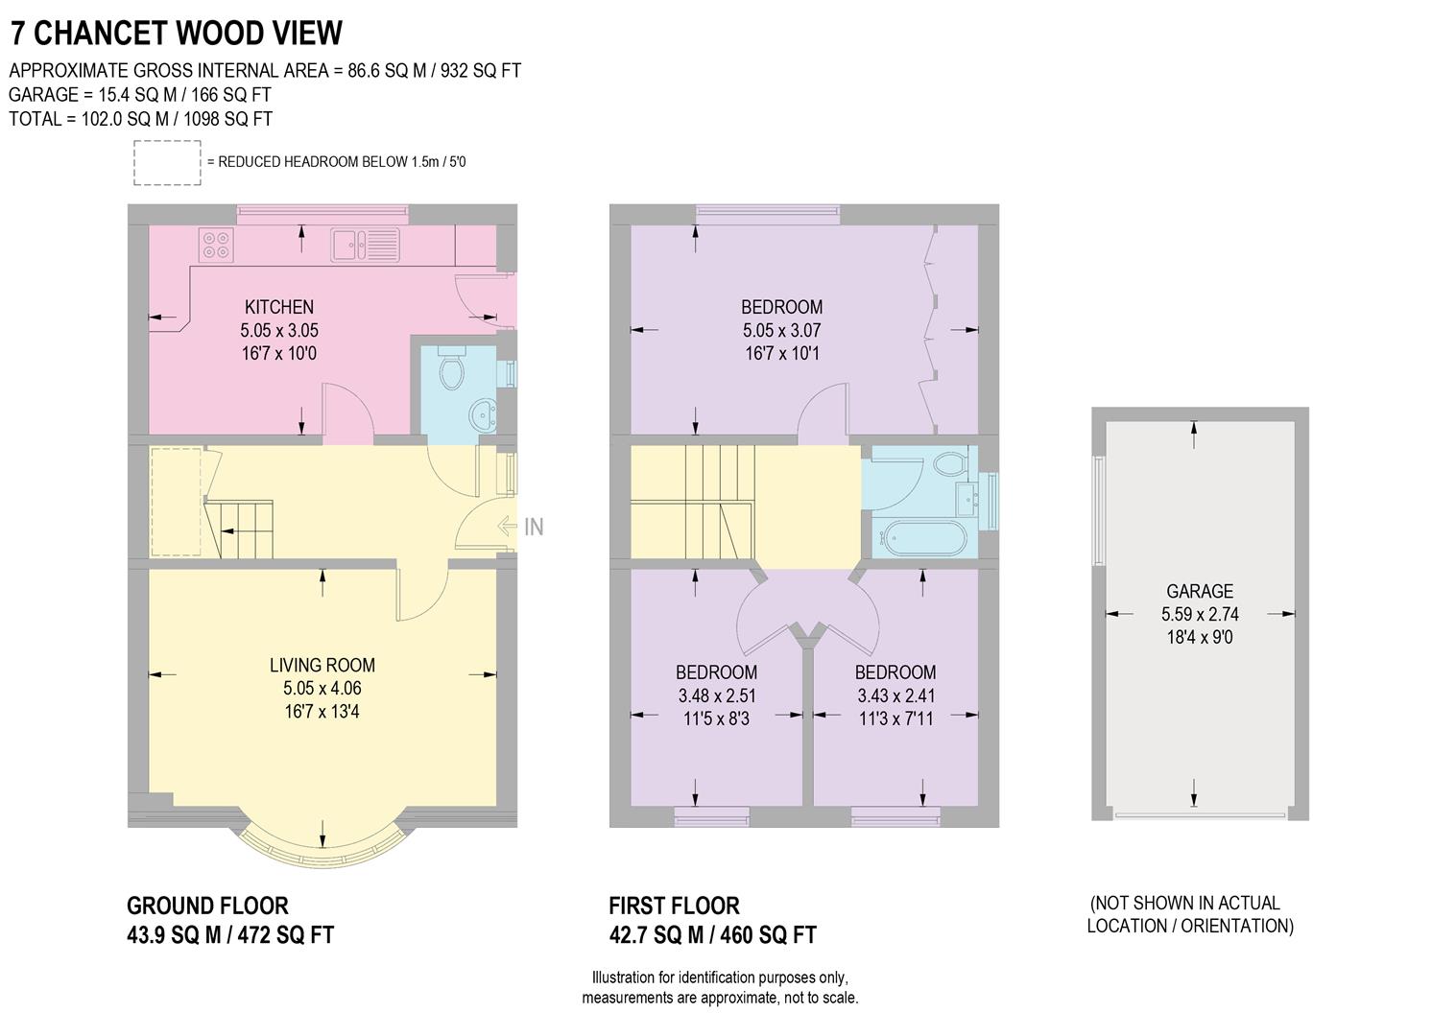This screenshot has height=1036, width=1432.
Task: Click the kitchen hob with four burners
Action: pyautogui.click(x=216, y=245)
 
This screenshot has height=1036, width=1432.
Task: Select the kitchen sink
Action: pyautogui.click(x=365, y=244)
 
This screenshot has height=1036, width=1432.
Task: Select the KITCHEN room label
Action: pyautogui.click(x=279, y=307)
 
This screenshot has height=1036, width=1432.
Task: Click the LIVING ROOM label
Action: pyautogui.click(x=322, y=665)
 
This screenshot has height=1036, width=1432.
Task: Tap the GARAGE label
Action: pyautogui.click(x=1199, y=591)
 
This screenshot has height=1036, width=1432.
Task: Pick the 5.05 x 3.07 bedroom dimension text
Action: pyautogui.click(x=781, y=330)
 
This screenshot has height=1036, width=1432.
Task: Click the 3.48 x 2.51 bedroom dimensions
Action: pyautogui.click(x=716, y=695)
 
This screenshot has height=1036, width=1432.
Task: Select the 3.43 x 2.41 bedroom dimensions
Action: pyautogui.click(x=895, y=695)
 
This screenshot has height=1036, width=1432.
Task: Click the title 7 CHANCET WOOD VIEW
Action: pyautogui.click(x=176, y=33)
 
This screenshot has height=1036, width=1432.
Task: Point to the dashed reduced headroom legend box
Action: pyautogui.click(x=166, y=162)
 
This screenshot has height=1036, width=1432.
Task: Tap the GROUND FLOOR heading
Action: pyautogui.click(x=207, y=906)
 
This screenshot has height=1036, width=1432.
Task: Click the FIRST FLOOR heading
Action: pyautogui.click(x=674, y=906)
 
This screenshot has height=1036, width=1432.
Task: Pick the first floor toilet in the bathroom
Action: pyautogui.click(x=950, y=463)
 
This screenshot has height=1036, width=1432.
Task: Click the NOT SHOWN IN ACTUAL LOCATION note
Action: pyautogui.click(x=1190, y=914)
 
